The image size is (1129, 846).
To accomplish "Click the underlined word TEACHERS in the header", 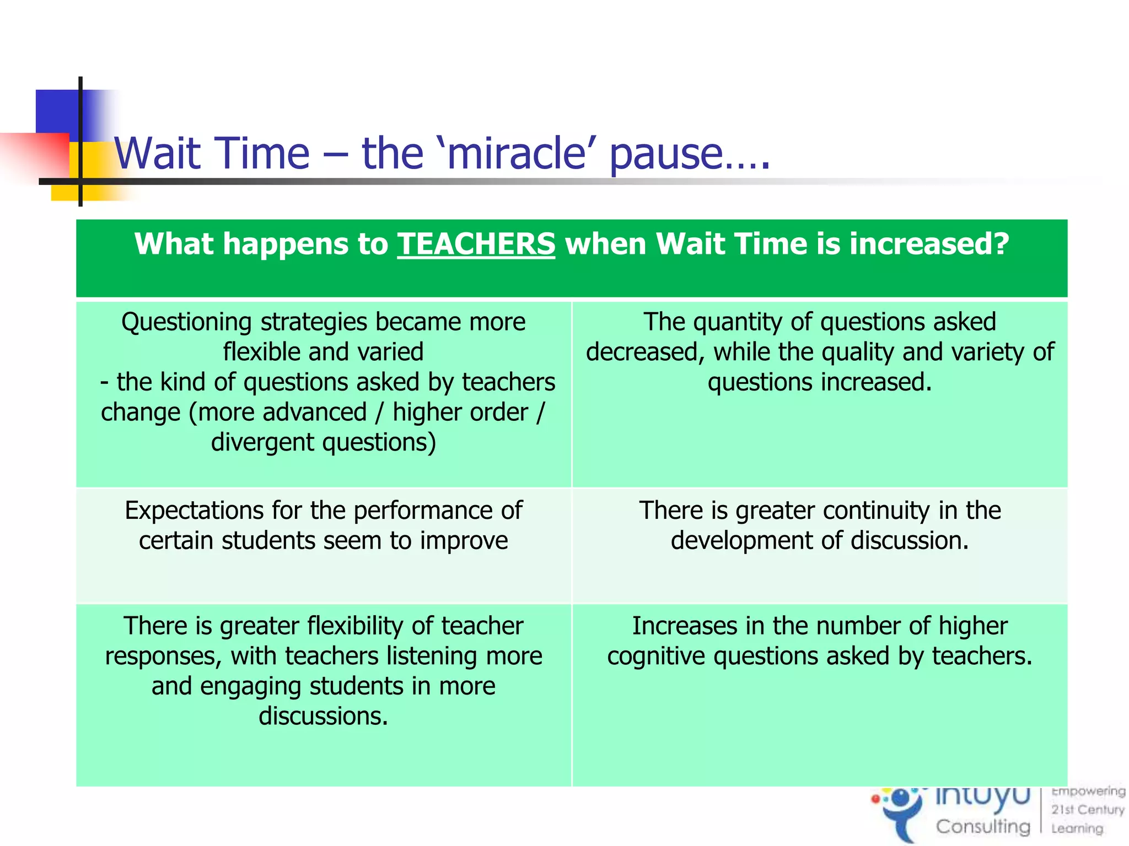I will point(476,244).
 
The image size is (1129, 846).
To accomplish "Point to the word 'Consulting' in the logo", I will point(982,826).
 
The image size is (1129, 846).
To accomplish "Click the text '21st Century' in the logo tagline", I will point(1087,810).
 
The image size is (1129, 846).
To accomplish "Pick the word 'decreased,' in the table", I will point(645,352).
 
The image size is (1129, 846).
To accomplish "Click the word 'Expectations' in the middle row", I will point(194,511).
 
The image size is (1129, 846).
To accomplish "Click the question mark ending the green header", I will point(999,244).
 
